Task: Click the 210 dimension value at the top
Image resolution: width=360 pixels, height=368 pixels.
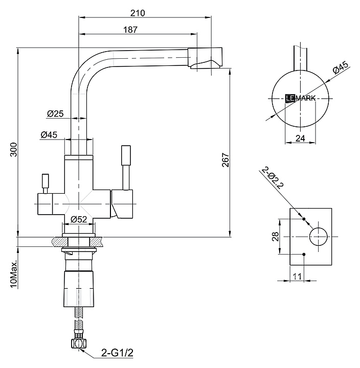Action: pyautogui.click(x=138, y=13)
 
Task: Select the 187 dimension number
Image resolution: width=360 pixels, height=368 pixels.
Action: pyautogui.click(x=130, y=30)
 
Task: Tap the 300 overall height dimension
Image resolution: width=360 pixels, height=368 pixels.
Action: pyautogui.click(x=14, y=149)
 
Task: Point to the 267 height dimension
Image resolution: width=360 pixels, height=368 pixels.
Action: pyautogui.click(x=226, y=160)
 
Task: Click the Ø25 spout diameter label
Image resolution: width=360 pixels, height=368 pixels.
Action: pyautogui.click(x=55, y=113)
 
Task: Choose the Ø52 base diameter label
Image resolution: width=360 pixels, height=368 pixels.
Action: pyautogui.click(x=79, y=219)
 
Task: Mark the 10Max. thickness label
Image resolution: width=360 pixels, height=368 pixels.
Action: pyautogui.click(x=14, y=274)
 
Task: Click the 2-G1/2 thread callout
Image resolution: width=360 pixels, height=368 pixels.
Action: pyautogui.click(x=117, y=353)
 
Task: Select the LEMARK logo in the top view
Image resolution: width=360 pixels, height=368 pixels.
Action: pyautogui.click(x=300, y=98)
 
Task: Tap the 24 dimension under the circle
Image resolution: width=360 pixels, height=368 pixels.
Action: pyautogui.click(x=300, y=139)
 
